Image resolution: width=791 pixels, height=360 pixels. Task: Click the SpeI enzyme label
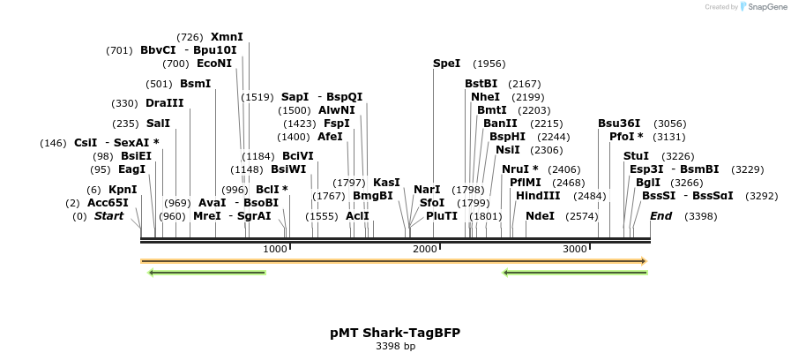click(x=446, y=64)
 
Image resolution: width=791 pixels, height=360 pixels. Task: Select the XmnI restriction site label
click(x=227, y=37)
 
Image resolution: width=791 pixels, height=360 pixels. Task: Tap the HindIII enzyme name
click(x=538, y=196)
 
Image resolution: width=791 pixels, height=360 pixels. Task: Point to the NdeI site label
click(x=540, y=216)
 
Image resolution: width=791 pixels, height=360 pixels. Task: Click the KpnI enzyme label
click(x=123, y=190)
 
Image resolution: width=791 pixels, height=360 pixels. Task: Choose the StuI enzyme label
click(x=636, y=156)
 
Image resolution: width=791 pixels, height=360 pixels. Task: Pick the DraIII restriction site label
click(x=165, y=103)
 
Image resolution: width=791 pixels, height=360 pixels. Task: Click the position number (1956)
click(x=489, y=64)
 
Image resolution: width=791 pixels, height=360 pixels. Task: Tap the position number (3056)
click(x=669, y=124)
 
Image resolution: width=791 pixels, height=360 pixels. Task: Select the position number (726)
click(x=190, y=37)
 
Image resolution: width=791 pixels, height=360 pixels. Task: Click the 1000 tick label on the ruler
click(x=275, y=250)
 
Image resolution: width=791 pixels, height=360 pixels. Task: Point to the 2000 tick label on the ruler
click(x=425, y=250)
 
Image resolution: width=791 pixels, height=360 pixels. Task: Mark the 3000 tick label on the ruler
click(x=575, y=250)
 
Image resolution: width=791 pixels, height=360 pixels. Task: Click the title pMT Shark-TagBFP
click(x=395, y=333)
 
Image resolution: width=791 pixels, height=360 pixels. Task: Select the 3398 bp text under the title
click(x=395, y=347)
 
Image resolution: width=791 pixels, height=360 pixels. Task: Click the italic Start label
click(x=108, y=216)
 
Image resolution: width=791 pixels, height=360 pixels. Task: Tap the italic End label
click(x=660, y=216)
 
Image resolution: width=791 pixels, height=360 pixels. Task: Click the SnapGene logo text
click(x=765, y=7)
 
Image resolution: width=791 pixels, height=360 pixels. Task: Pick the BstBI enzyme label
click(x=481, y=84)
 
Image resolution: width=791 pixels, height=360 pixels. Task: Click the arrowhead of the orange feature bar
click(x=644, y=261)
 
